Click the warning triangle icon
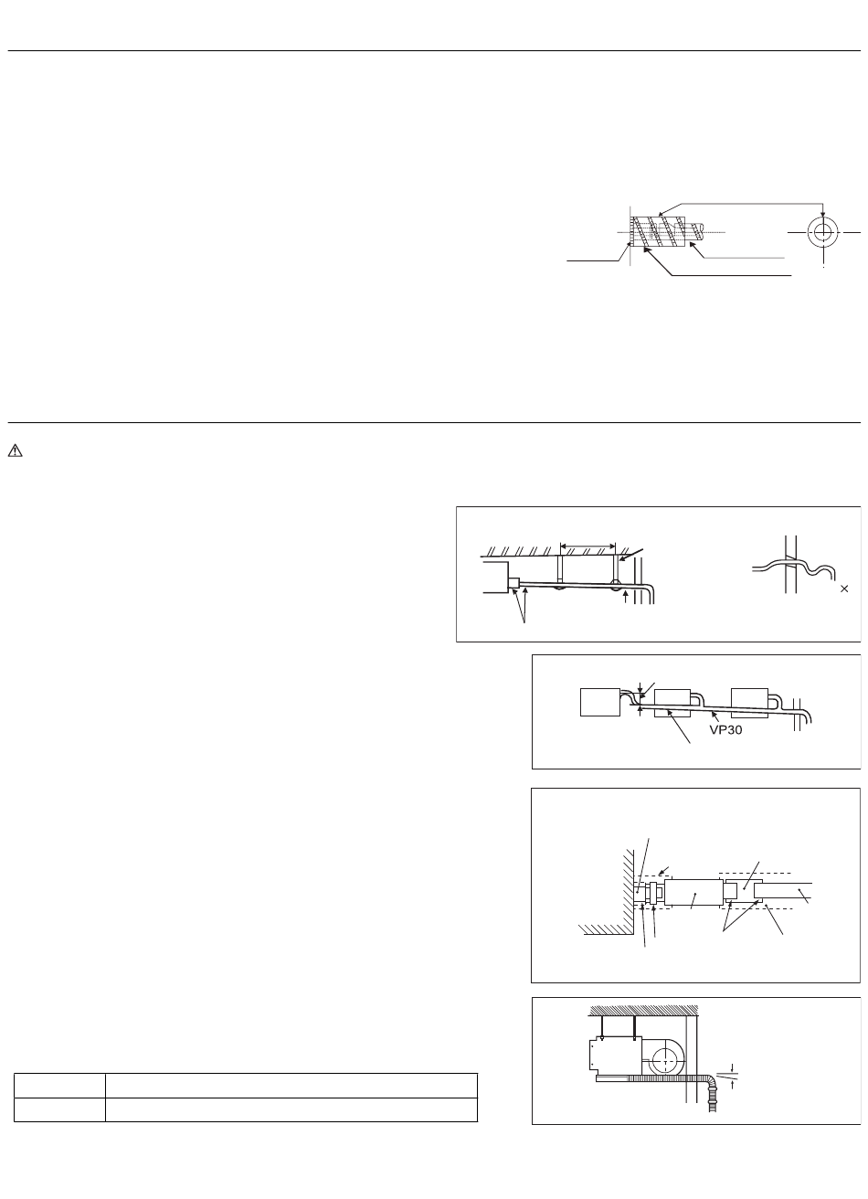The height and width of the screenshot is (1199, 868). pos(15,451)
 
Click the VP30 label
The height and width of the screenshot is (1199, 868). pos(725,730)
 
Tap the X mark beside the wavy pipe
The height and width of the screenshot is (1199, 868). pos(844,589)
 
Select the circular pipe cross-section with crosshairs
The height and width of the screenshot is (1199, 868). pos(822,233)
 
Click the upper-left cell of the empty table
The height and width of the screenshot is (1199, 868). pos(59,1086)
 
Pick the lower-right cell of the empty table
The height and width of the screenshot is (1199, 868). pos(291,1109)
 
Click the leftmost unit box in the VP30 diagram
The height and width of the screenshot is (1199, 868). pos(600,702)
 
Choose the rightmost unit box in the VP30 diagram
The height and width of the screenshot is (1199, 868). pos(749,703)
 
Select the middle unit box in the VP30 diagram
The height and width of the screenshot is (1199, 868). pos(672,703)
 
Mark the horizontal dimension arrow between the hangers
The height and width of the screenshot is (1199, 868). pos(587,546)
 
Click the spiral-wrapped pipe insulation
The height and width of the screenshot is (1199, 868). pos(658,232)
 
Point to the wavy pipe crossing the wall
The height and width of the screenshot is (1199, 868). pos(793,567)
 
